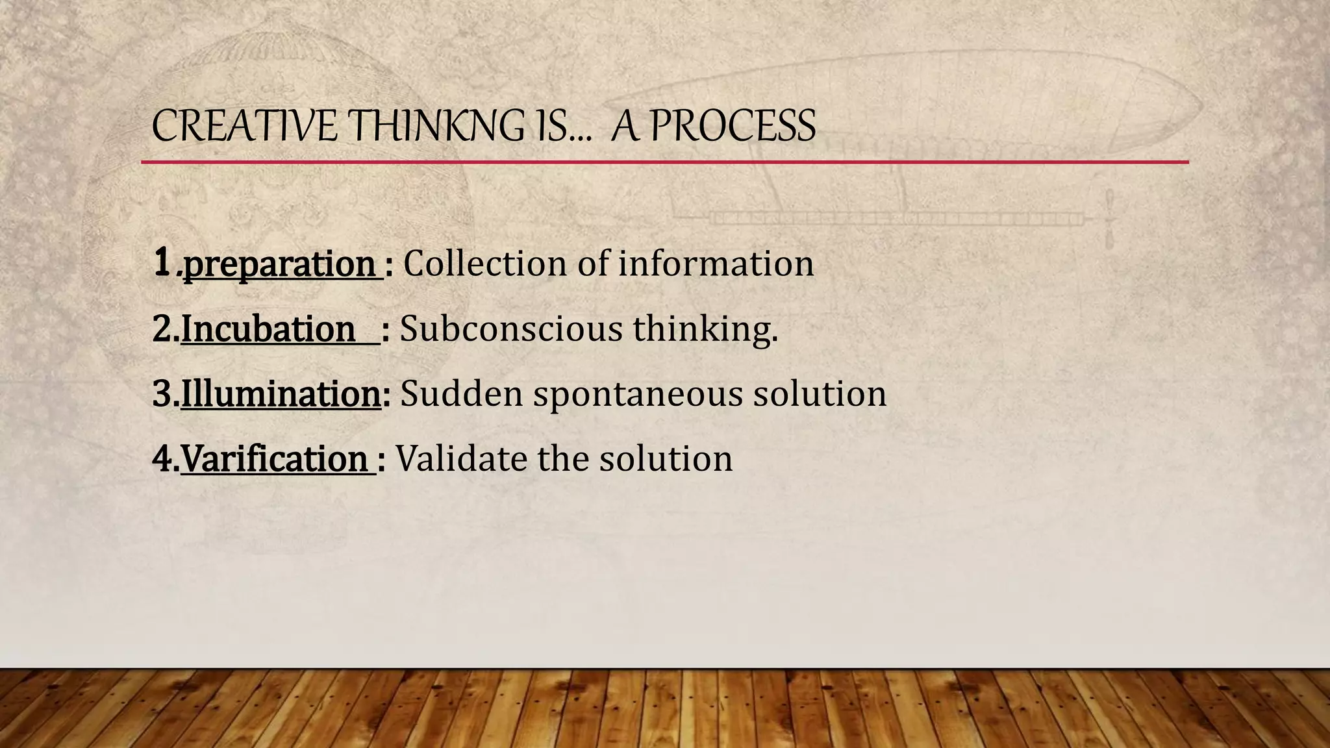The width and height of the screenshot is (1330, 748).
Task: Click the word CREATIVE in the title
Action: pyautogui.click(x=244, y=126)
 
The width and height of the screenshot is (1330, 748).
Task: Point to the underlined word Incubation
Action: pyautogui.click(x=268, y=329)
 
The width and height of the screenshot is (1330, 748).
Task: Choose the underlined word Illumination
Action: pyautogui.click(x=280, y=393)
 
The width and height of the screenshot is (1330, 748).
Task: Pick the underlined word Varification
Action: pyautogui.click(x=274, y=458)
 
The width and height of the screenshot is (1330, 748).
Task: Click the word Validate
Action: pyautogui.click(x=461, y=458)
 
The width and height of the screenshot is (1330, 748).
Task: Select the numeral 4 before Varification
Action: pyautogui.click(x=162, y=458)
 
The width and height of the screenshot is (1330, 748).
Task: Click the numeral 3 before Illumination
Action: pyautogui.click(x=162, y=393)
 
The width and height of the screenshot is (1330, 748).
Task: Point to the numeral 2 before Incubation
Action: pyautogui.click(x=162, y=329)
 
